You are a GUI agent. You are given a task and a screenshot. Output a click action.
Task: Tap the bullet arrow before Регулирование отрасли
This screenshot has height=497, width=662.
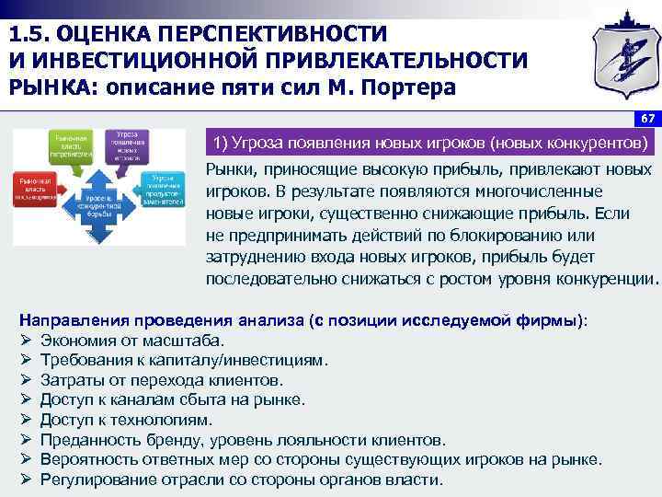(26, 480)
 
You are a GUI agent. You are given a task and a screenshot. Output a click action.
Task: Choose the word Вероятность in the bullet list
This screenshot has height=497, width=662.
(89, 460)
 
